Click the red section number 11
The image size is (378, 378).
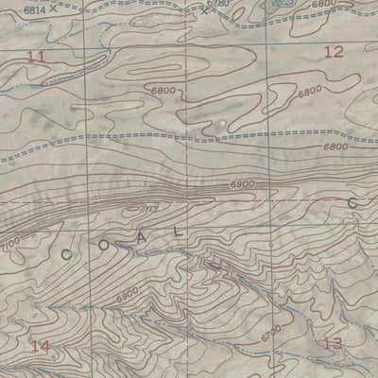point(37,58)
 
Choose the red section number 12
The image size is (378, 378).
point(333,53)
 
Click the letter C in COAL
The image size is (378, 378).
point(67,254)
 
